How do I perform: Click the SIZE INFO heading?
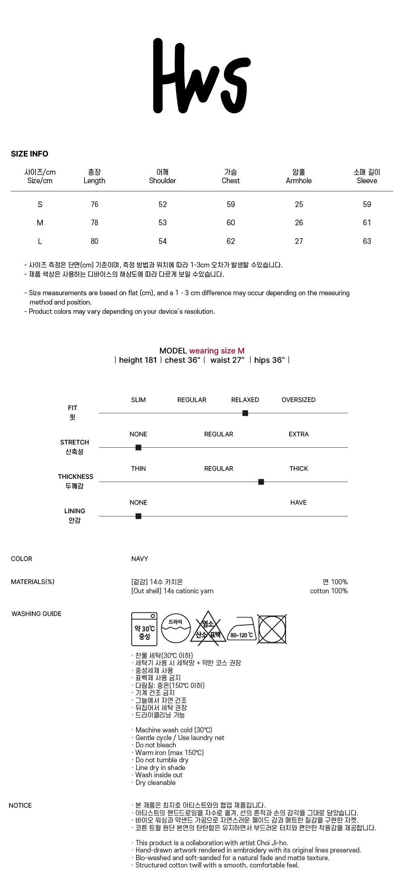pyautogui.click(x=29, y=154)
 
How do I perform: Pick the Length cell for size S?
pyautogui.click(x=95, y=205)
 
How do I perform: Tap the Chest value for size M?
pyautogui.click(x=231, y=223)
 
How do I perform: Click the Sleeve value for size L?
pyautogui.click(x=367, y=241)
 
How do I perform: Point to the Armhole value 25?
pyautogui.click(x=299, y=205)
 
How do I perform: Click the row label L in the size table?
pyautogui.click(x=40, y=241)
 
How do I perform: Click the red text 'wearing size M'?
pyautogui.click(x=217, y=351)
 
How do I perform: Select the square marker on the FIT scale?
pyautogui.click(x=245, y=413)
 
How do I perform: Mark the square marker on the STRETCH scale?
pyautogui.click(x=138, y=447)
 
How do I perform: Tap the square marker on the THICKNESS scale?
pyautogui.click(x=261, y=482)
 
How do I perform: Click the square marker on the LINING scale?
pyautogui.click(x=138, y=516)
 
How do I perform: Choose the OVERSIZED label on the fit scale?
pyautogui.click(x=299, y=400)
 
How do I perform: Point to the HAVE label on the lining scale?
pyautogui.click(x=299, y=502)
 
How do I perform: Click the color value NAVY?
pyautogui.click(x=140, y=558)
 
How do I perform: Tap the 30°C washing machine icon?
pyautogui.click(x=144, y=629)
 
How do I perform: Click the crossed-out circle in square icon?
pyautogui.click(x=272, y=629)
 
